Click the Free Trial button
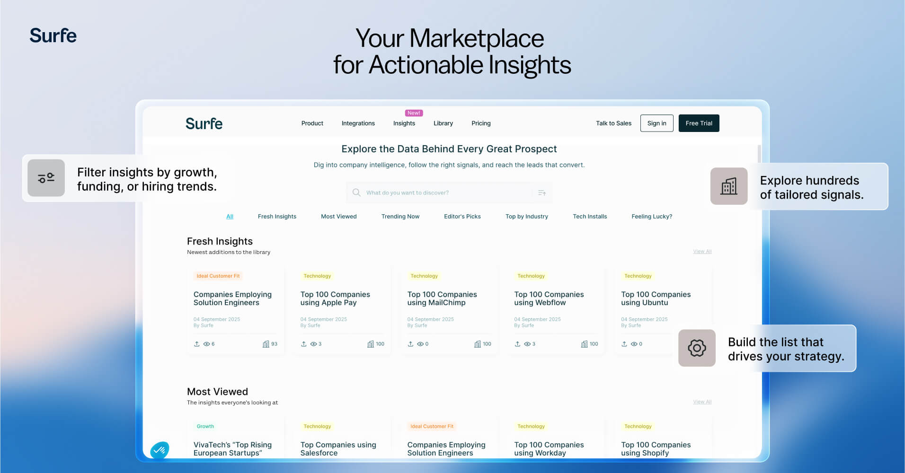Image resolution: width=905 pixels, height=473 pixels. (699, 123)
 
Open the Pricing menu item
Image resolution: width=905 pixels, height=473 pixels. (481, 123)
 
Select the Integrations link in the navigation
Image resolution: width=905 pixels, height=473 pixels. (358, 123)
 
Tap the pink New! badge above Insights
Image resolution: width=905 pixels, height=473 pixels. (414, 113)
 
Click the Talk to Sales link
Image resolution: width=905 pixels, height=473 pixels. (613, 123)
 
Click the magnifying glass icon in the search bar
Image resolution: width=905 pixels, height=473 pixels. (356, 193)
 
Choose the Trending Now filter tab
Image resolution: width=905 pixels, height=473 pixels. (400, 216)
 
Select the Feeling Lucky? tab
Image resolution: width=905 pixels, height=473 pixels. (652, 216)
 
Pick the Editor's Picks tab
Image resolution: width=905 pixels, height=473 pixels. (462, 216)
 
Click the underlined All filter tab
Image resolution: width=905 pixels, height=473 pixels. (230, 216)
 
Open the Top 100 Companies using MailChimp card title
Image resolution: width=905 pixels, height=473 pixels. (442, 298)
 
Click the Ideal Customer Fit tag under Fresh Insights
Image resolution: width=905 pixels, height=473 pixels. (218, 276)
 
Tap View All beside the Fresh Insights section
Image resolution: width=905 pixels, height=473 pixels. (702, 251)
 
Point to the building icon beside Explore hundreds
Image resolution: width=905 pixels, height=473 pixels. (729, 186)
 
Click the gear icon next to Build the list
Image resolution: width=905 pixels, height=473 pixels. (697, 348)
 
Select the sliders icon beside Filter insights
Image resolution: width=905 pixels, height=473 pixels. (46, 178)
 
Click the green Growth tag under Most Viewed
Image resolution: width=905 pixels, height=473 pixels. (205, 426)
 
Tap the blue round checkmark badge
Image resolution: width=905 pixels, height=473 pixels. (160, 450)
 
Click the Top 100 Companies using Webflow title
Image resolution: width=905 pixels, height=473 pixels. (549, 298)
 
